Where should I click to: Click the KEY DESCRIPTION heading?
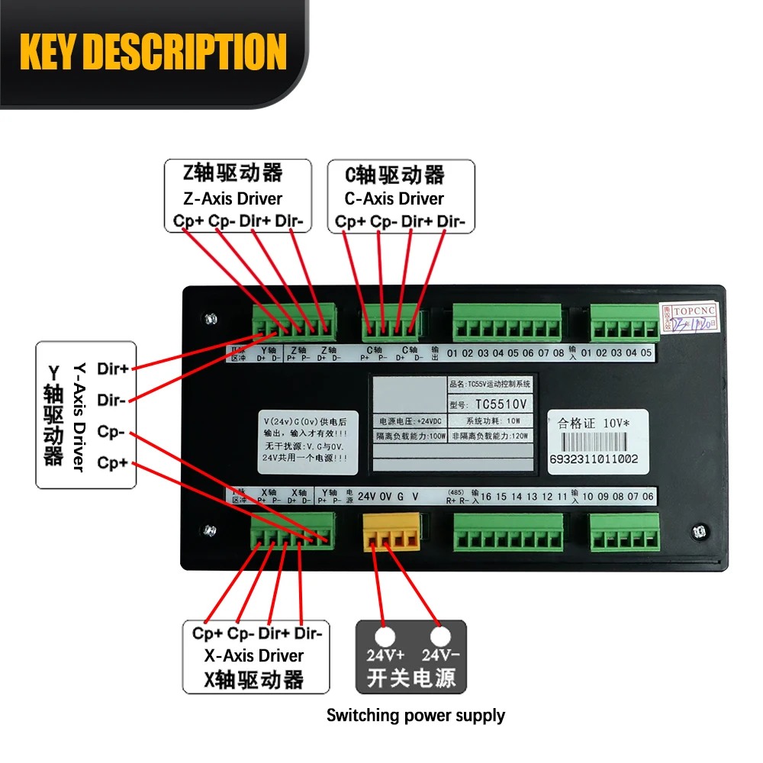coord(153,52)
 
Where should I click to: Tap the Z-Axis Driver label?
coord(233,198)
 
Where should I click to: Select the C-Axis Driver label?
coord(394,198)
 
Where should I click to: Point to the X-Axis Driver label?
coord(254,655)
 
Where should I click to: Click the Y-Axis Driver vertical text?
coord(77,416)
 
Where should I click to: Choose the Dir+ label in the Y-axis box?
coord(113,369)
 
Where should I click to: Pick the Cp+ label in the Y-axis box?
coord(113,463)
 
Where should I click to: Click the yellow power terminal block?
coord(391,531)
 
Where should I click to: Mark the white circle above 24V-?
coord(440,636)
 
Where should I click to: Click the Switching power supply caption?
coord(416,716)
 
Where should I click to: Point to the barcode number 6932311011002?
coord(594,459)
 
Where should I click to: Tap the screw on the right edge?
coord(697,532)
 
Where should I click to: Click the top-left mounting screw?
coord(210,317)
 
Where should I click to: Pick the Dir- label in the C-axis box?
coord(453,221)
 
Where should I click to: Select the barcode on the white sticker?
coord(594,442)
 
